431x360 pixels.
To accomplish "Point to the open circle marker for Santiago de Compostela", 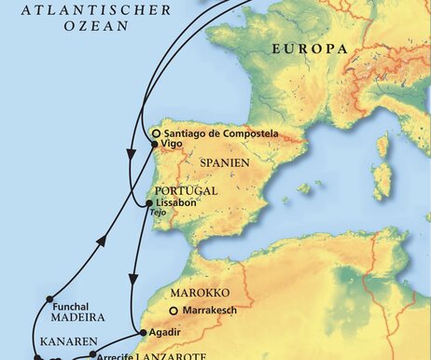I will click(x=155, y=133).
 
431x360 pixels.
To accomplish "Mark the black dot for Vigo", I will click(x=152, y=145).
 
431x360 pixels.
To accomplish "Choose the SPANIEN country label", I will click(x=224, y=162).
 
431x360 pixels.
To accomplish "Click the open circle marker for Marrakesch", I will click(x=173, y=312).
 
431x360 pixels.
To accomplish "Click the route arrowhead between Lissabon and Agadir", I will click(x=135, y=277).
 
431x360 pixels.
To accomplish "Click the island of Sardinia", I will click(x=382, y=182).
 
